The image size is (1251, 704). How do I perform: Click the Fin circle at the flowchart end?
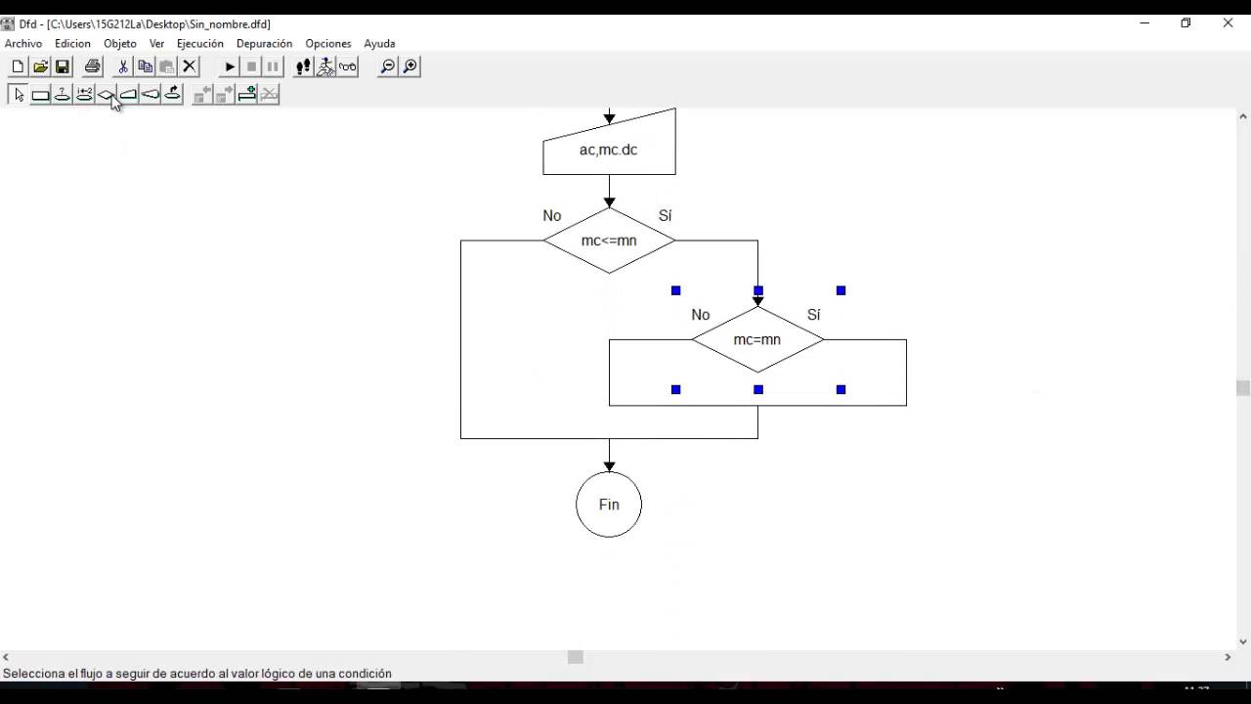[609, 505]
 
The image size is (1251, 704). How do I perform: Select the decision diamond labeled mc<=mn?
[609, 241]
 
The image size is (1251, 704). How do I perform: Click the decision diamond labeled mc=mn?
[757, 340]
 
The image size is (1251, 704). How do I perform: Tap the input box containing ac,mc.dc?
[609, 150]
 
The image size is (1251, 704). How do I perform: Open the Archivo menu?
[23, 44]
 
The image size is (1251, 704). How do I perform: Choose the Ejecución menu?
[199, 44]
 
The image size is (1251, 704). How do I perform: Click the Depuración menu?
[264, 44]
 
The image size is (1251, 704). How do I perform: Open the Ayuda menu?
[379, 44]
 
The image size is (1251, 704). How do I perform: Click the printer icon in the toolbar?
[93, 66]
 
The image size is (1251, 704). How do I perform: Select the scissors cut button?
[123, 66]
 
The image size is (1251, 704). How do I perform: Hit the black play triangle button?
[230, 66]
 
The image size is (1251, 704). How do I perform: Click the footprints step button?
[304, 66]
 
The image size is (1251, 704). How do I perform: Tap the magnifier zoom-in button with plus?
[410, 66]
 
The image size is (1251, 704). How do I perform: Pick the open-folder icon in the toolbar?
[40, 66]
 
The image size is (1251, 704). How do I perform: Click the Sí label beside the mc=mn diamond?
[814, 315]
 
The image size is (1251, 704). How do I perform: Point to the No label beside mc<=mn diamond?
[552, 216]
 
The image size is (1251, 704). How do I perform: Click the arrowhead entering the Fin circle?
[609, 466]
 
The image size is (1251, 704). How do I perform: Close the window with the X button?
[1228, 23]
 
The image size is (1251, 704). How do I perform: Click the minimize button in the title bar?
[1144, 23]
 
